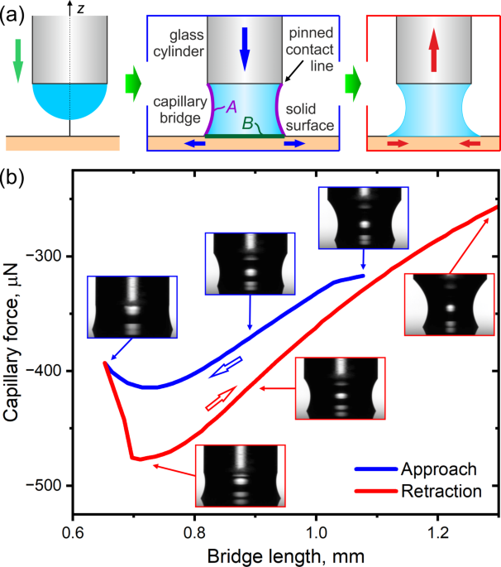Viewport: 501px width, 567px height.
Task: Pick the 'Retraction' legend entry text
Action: [x=442, y=491]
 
